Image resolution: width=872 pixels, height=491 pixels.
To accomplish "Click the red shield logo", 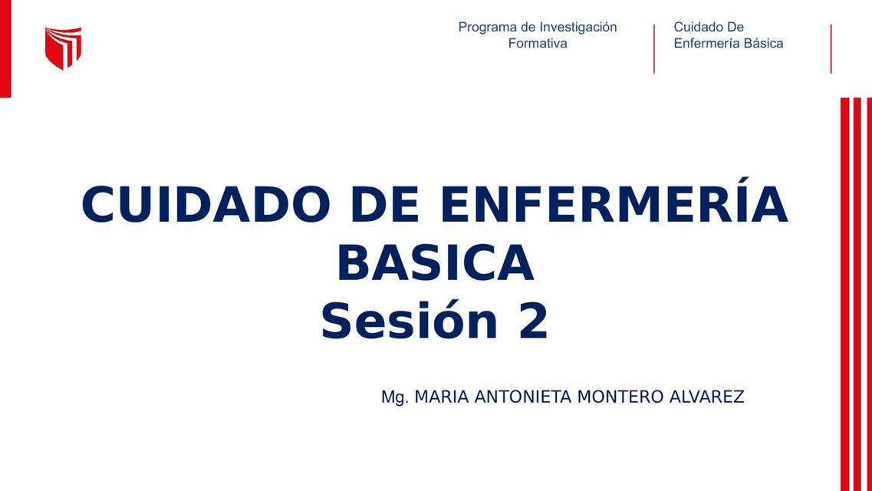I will pos(63,48).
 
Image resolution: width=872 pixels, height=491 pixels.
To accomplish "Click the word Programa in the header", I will pos(488,28).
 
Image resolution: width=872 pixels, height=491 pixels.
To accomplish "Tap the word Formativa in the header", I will pos(538,44).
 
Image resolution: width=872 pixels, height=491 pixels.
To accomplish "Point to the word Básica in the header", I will pos(762,44).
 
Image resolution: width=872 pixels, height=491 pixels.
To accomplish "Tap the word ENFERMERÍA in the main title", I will pos(614,205).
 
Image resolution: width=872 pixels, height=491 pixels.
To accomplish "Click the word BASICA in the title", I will pos(435,263).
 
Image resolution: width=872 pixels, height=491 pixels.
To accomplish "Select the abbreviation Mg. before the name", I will pos(394,397).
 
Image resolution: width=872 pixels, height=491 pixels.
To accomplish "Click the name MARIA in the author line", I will pos(442,397).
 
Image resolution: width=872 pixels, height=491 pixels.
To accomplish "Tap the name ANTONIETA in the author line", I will pos(523,397).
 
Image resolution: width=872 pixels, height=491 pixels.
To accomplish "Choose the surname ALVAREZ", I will pos(706,397).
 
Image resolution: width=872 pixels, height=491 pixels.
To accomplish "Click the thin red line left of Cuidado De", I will pos(654,49).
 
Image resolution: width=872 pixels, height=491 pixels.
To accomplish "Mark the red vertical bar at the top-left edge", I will pos(5,49).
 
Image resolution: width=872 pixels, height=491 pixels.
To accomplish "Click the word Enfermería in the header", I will pos(706,44).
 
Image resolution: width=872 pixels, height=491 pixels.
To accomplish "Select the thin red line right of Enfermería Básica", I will pos(831,49).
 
